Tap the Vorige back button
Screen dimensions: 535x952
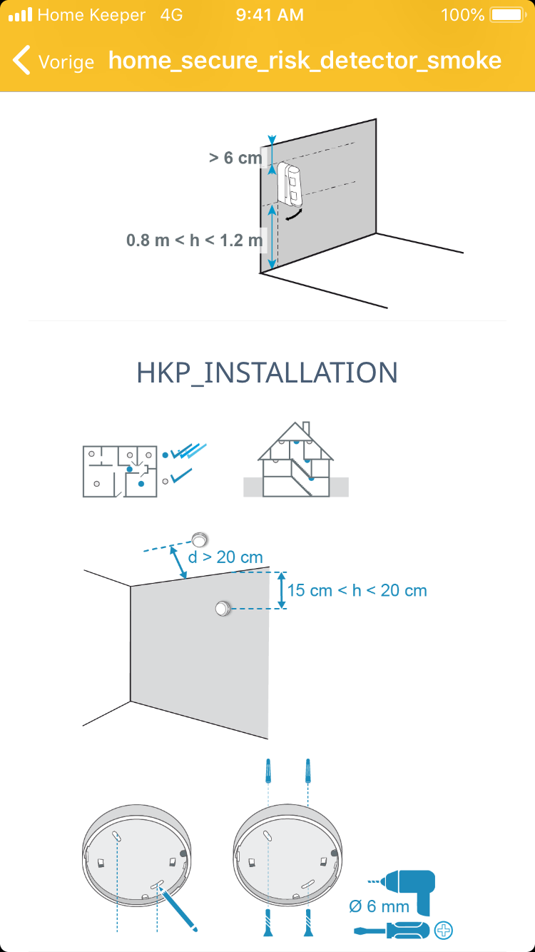point(53,61)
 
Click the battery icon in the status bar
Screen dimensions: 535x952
point(508,15)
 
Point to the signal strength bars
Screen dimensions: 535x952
point(20,14)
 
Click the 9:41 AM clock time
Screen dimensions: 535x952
point(270,15)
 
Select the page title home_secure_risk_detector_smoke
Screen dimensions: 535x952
point(305,61)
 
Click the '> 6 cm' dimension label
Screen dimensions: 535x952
point(235,158)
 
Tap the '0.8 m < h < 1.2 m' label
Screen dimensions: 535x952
point(195,240)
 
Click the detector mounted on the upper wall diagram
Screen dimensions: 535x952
point(290,184)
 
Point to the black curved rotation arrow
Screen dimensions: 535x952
point(295,215)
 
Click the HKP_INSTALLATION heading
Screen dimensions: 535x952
point(267,373)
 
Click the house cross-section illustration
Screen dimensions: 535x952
point(296,460)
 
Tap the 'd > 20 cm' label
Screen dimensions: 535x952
point(225,557)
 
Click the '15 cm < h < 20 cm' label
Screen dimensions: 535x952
point(357,590)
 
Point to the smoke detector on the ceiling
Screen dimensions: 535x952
point(199,540)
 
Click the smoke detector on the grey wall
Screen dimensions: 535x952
point(223,608)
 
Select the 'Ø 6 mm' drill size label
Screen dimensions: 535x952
point(379,906)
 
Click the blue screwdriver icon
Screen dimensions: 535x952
point(392,931)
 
